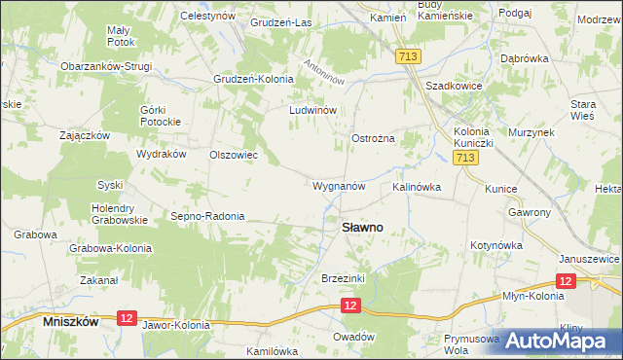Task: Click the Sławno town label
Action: pos(361,227)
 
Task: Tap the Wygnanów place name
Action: pos(339,185)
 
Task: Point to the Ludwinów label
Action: pos(312,110)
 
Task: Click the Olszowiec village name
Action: pos(234,154)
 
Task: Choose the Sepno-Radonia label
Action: pos(207,216)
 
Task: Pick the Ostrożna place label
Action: pos(373,139)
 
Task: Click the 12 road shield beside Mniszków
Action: pos(126,317)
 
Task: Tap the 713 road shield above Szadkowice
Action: pos(408,58)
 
